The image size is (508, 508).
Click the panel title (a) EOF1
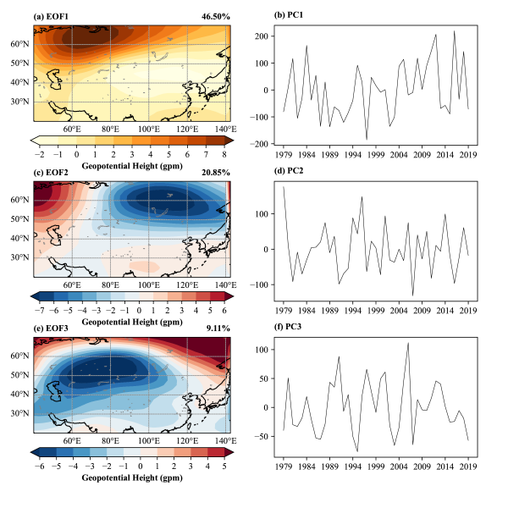click(52, 16)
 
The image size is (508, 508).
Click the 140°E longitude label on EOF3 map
click(224, 440)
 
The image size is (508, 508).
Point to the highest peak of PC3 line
click(408, 343)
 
